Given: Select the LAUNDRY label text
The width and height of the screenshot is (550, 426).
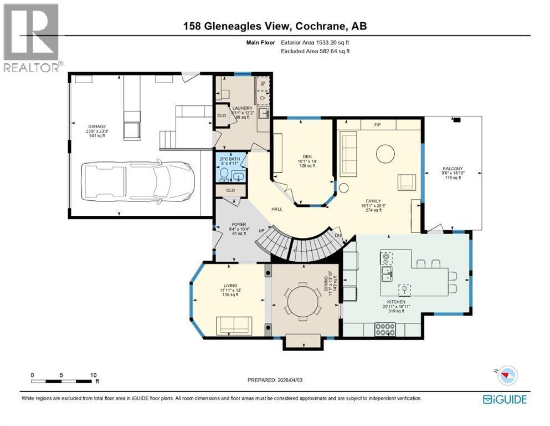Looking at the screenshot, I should (243, 108).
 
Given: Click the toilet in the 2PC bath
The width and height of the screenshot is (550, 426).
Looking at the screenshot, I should (224, 175).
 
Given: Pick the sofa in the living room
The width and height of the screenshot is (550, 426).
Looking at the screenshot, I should (234, 323).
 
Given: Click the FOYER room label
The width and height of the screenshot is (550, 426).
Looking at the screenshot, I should (238, 225).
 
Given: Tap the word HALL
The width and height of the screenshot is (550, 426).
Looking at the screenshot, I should (277, 209).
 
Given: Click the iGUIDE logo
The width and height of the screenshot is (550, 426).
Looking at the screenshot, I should (504, 399).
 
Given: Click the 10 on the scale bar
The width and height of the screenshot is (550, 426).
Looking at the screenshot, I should (94, 374).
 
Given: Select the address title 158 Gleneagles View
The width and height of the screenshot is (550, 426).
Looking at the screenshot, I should (275, 26).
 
